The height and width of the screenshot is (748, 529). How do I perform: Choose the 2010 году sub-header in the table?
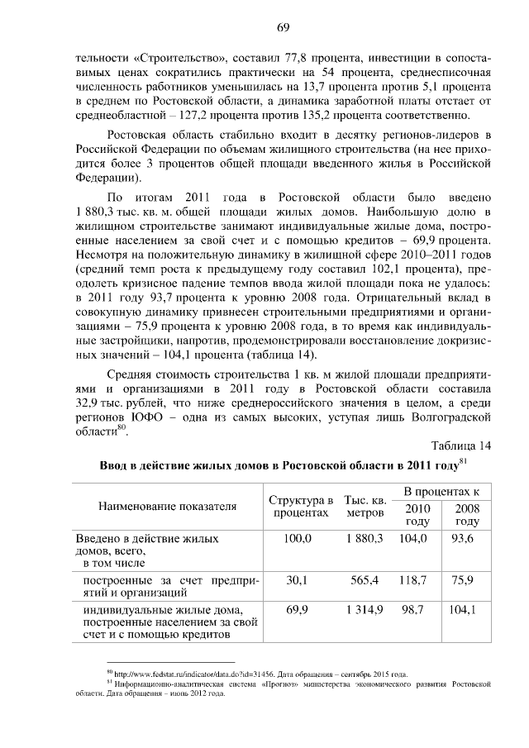tap(417, 514)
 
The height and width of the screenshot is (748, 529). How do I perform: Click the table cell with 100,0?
tap(298, 538)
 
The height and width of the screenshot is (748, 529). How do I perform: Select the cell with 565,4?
tap(365, 580)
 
